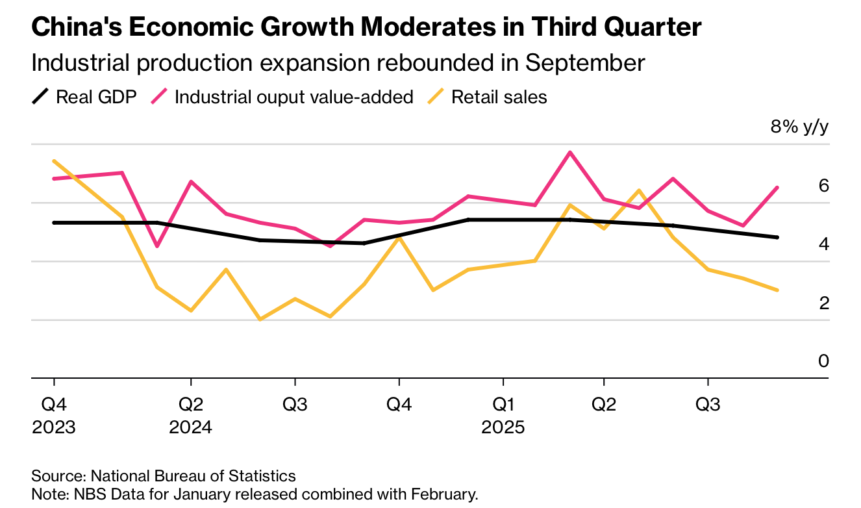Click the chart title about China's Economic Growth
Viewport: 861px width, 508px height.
pyautogui.click(x=366, y=27)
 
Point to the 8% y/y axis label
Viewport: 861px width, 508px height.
pyautogui.click(x=799, y=127)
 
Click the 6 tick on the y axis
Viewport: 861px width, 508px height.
pyautogui.click(x=824, y=186)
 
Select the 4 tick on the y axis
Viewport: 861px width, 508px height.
pyautogui.click(x=824, y=244)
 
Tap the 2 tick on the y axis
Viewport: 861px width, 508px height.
pyautogui.click(x=824, y=303)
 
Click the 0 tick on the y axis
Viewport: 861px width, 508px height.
pyautogui.click(x=824, y=361)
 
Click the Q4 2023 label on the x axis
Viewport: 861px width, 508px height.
pyautogui.click(x=54, y=416)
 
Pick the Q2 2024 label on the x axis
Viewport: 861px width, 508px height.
pyautogui.click(x=190, y=416)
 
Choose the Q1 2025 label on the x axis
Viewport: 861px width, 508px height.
pyautogui.click(x=502, y=416)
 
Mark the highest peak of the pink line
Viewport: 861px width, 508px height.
pyautogui.click(x=569, y=153)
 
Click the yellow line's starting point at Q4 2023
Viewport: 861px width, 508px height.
pyautogui.click(x=54, y=161)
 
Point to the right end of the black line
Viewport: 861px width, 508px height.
pyautogui.click(x=777, y=237)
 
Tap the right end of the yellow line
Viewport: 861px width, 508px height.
pyautogui.click(x=777, y=290)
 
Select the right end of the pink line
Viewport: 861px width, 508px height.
pyautogui.click(x=777, y=188)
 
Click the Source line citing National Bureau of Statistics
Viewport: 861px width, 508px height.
pyautogui.click(x=164, y=476)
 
